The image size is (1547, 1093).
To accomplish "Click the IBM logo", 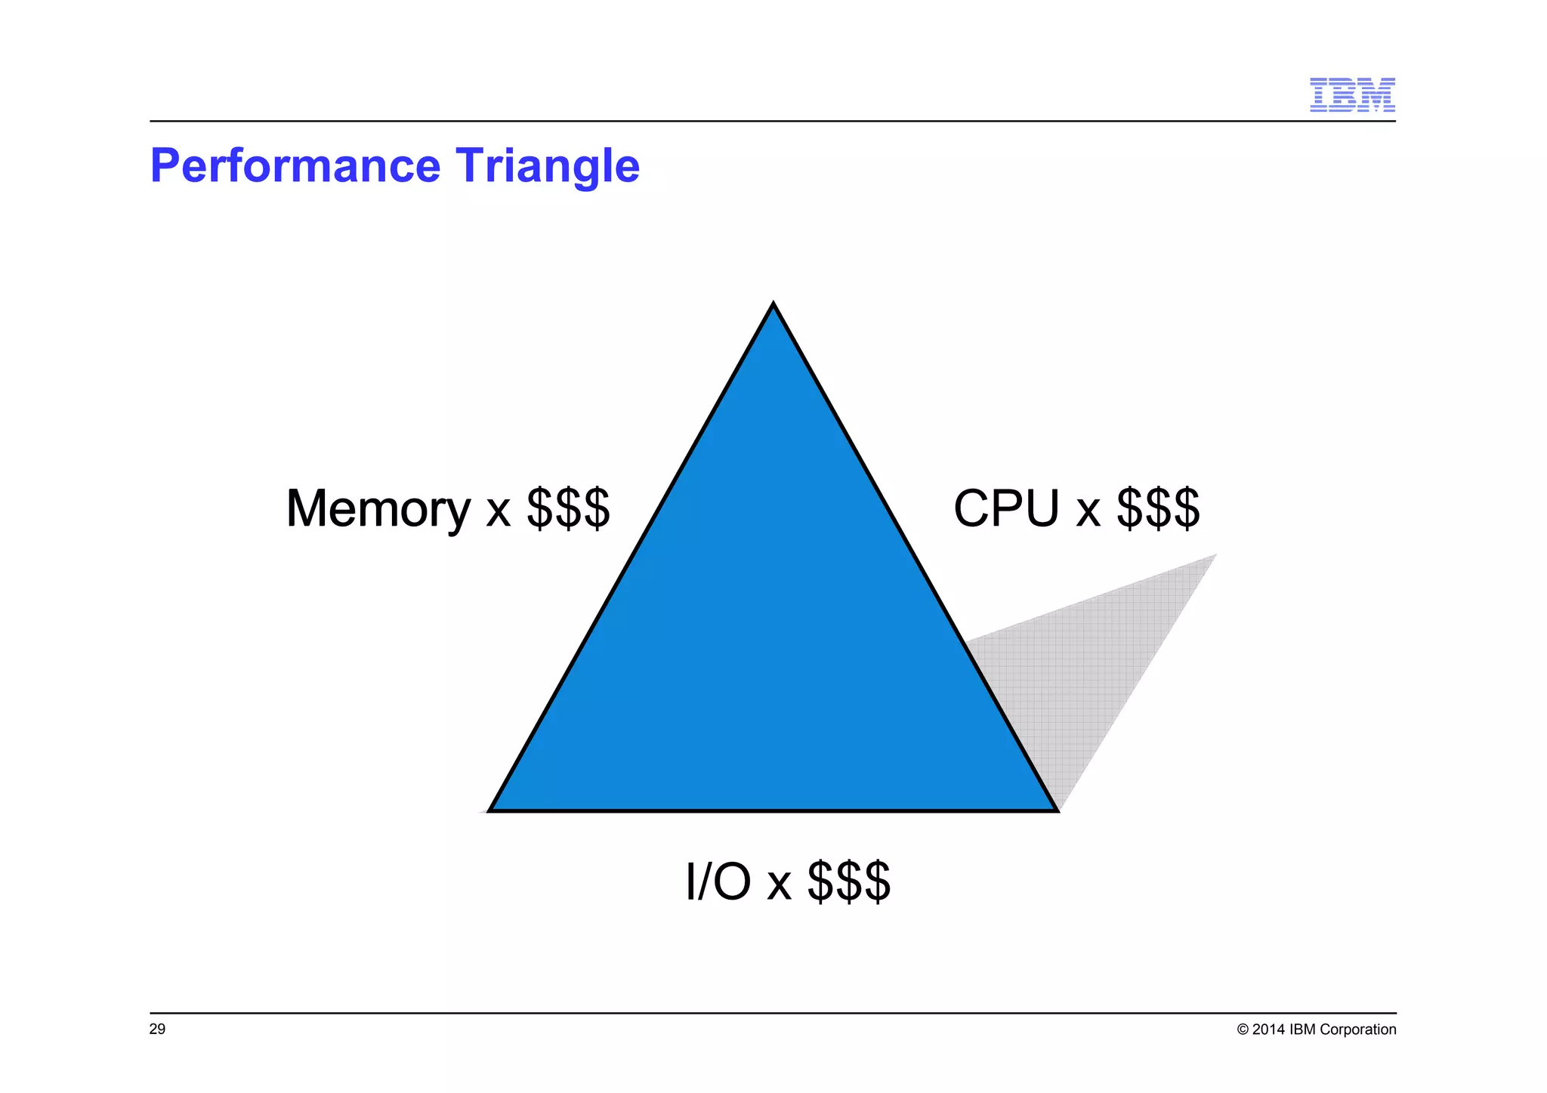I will (1352, 94).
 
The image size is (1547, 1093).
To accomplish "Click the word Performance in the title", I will (295, 165).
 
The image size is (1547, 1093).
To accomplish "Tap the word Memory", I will (378, 508).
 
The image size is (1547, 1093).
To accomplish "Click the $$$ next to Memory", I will (568, 508).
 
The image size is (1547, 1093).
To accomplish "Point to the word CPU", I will (1006, 508).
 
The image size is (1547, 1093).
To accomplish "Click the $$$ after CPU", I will (1158, 508).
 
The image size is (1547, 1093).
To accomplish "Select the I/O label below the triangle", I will (718, 882).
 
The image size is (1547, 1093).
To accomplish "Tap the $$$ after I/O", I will (849, 882).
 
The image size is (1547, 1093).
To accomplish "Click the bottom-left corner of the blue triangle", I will (492, 809).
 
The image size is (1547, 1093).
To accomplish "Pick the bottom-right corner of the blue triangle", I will (1054, 809).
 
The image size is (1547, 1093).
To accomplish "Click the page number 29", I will (157, 1030).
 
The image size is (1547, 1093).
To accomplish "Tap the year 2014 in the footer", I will (1268, 1030).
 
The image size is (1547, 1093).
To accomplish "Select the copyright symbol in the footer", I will (1243, 1030).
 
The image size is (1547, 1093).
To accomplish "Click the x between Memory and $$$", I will (499, 511).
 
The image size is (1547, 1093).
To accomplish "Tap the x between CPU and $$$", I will (1088, 511).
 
